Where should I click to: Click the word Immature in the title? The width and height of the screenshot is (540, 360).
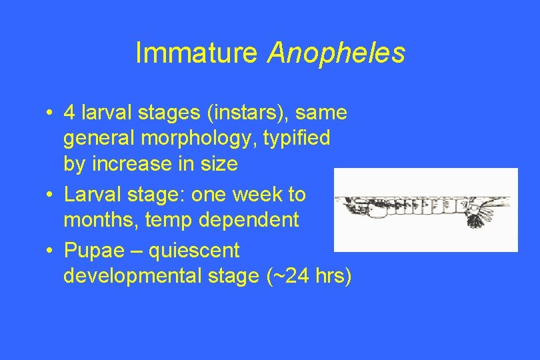(195, 53)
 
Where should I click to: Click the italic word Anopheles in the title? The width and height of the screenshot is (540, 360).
(335, 53)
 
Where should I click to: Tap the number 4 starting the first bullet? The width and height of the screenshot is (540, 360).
(69, 113)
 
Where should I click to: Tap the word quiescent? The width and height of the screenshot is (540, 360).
(194, 251)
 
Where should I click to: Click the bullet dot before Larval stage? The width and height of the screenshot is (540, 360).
(51, 195)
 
